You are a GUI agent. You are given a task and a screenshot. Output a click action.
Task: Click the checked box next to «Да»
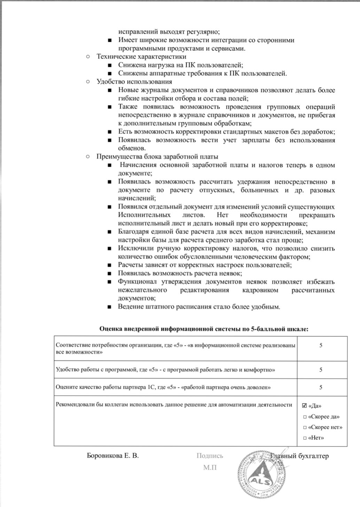pos(305,406)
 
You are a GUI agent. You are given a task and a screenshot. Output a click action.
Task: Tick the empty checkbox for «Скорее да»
pos(305,417)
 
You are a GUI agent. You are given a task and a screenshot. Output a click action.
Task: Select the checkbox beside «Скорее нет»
pos(305,428)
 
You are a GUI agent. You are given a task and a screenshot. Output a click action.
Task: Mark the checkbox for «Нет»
pos(305,438)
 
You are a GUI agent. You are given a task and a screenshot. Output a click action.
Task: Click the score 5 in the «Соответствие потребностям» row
pos(321,345)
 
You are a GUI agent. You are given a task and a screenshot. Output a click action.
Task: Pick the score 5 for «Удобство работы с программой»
pos(321,370)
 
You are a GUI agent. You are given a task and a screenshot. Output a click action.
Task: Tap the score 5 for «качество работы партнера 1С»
pos(321,387)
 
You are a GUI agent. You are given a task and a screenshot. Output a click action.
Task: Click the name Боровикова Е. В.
pos(112,456)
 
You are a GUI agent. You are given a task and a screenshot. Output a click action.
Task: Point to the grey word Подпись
pos(210,456)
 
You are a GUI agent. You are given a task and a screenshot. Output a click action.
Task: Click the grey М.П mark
pos(210,468)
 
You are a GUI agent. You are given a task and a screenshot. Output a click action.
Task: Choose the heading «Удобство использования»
pos(134,82)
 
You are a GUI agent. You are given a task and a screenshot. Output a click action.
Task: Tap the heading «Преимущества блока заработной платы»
pos(157,157)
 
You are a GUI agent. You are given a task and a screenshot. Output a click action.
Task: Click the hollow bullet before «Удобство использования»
pos(88,82)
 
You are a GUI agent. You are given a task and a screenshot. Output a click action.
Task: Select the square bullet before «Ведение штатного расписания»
pos(110,307)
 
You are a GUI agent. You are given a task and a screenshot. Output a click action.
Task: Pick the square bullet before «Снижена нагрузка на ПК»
pos(110,65)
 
